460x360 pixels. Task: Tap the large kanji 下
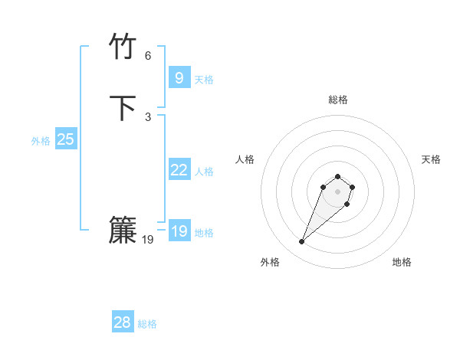(x=123, y=108)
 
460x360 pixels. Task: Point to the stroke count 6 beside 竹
(x=148, y=56)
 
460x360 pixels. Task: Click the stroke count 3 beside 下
(x=148, y=116)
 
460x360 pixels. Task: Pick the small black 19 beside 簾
(x=148, y=240)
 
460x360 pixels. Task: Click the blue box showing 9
(x=179, y=78)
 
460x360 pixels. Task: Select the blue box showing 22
(x=179, y=170)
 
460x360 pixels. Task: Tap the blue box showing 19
(x=179, y=231)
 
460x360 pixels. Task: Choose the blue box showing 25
(x=65, y=139)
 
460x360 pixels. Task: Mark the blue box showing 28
(x=122, y=322)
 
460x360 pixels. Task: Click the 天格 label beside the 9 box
(x=204, y=80)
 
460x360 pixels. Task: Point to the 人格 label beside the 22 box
(x=204, y=172)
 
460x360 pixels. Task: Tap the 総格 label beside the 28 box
(x=147, y=324)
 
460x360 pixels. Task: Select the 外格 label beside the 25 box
(x=41, y=141)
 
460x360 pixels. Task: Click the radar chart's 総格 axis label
(x=338, y=100)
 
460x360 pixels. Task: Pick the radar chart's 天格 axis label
(x=431, y=159)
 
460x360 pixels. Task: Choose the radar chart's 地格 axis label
(x=402, y=262)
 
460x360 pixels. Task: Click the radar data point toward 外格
(x=302, y=242)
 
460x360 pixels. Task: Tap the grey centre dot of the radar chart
(x=337, y=191)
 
